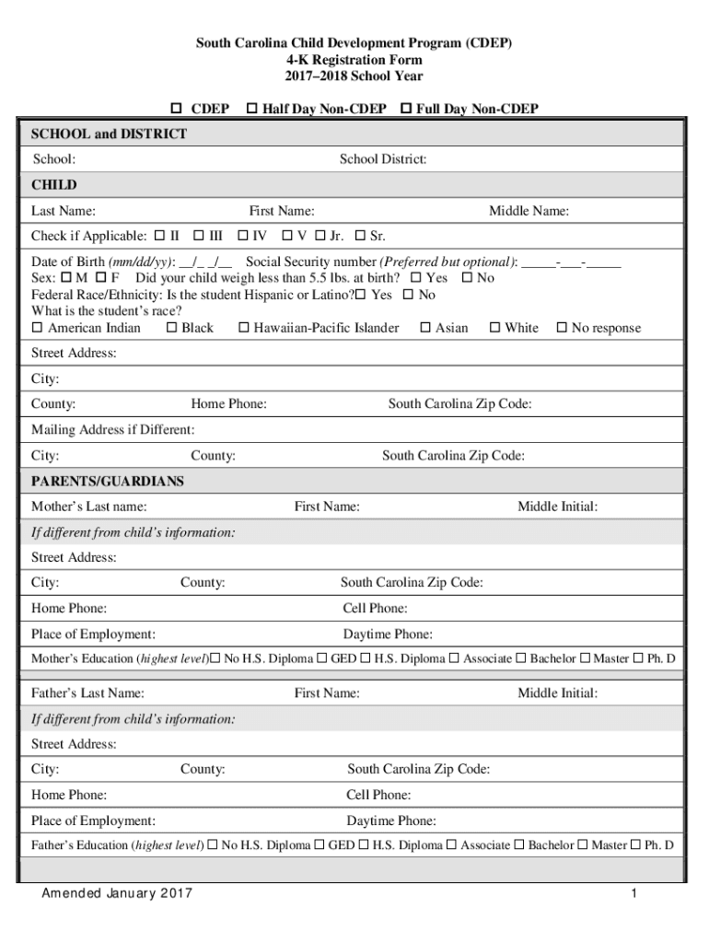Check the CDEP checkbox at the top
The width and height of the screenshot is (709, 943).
tap(178, 110)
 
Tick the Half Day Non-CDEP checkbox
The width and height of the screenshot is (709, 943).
tap(252, 110)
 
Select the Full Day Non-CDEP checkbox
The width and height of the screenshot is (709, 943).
tap(405, 110)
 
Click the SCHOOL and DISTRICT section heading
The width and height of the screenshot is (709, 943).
tap(109, 134)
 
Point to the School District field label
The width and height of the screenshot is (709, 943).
tap(382, 159)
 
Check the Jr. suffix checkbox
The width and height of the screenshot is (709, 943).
tap(320, 236)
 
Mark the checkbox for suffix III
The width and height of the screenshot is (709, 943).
tap(198, 236)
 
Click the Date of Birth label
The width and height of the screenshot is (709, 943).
tap(68, 262)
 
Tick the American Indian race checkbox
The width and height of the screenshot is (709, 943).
tap(38, 328)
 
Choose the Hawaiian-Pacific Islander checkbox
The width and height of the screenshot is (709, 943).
tap(243, 328)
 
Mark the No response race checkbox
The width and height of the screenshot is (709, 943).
tap(562, 328)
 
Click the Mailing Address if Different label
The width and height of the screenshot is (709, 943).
tap(112, 430)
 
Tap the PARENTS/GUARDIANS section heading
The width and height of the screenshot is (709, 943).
tap(108, 482)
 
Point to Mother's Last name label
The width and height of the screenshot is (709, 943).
tap(88, 506)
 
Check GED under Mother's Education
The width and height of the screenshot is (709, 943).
tap(322, 658)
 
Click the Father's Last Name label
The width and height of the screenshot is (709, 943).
tap(87, 693)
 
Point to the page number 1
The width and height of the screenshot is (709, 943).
tap(634, 894)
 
